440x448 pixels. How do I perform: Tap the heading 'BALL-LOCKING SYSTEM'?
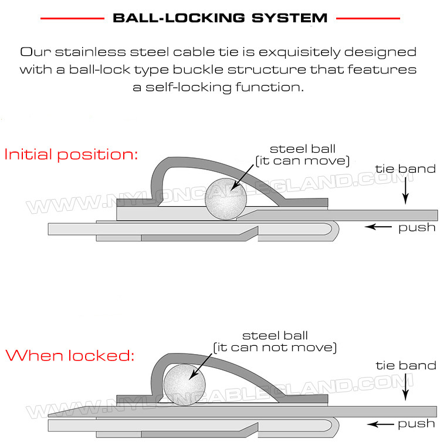[219, 18]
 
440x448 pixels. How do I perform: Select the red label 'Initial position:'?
[71, 155]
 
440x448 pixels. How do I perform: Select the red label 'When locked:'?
[70, 356]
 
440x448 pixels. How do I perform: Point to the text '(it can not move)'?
[275, 348]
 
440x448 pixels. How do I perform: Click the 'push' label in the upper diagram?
[417, 227]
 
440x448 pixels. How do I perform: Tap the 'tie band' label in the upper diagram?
[406, 169]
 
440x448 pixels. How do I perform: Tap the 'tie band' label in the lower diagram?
[406, 365]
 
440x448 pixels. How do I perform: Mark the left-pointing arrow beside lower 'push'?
[378, 423]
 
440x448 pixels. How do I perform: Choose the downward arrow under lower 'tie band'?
[406, 388]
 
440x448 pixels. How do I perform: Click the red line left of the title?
[72, 18]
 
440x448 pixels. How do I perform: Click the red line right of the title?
[368, 18]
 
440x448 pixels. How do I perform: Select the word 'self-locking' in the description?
[188, 87]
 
